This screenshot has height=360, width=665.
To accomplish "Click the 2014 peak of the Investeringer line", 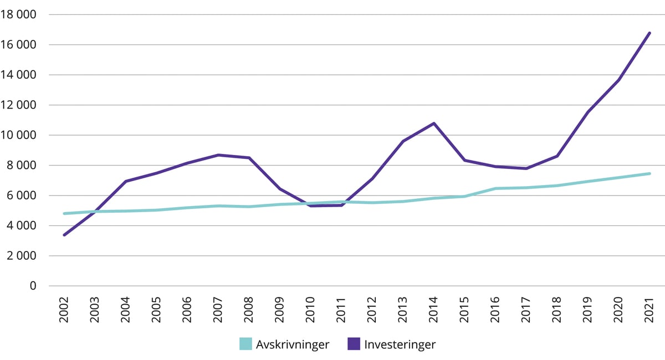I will [434, 123].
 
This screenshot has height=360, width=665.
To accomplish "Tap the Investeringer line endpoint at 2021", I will [649, 33].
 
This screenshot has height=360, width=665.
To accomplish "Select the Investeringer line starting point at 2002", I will [65, 235].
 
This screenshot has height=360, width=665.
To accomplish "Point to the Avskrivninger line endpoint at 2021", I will [649, 173].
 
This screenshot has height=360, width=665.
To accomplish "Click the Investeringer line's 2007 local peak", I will [219, 155].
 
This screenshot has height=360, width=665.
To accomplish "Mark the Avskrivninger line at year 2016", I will [495, 188].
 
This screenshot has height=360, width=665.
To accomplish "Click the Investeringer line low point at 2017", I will [526, 168].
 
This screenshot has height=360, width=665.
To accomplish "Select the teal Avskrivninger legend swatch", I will [245, 344].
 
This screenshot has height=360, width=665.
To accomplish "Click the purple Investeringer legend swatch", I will [354, 344].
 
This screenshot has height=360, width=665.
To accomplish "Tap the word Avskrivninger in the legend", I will [293, 344].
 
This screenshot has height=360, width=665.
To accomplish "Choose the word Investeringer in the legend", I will [400, 344].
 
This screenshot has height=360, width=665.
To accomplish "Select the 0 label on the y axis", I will [33, 286].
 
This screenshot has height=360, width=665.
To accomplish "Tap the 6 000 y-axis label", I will [22, 196].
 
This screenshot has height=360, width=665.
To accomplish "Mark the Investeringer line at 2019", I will [588, 112].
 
